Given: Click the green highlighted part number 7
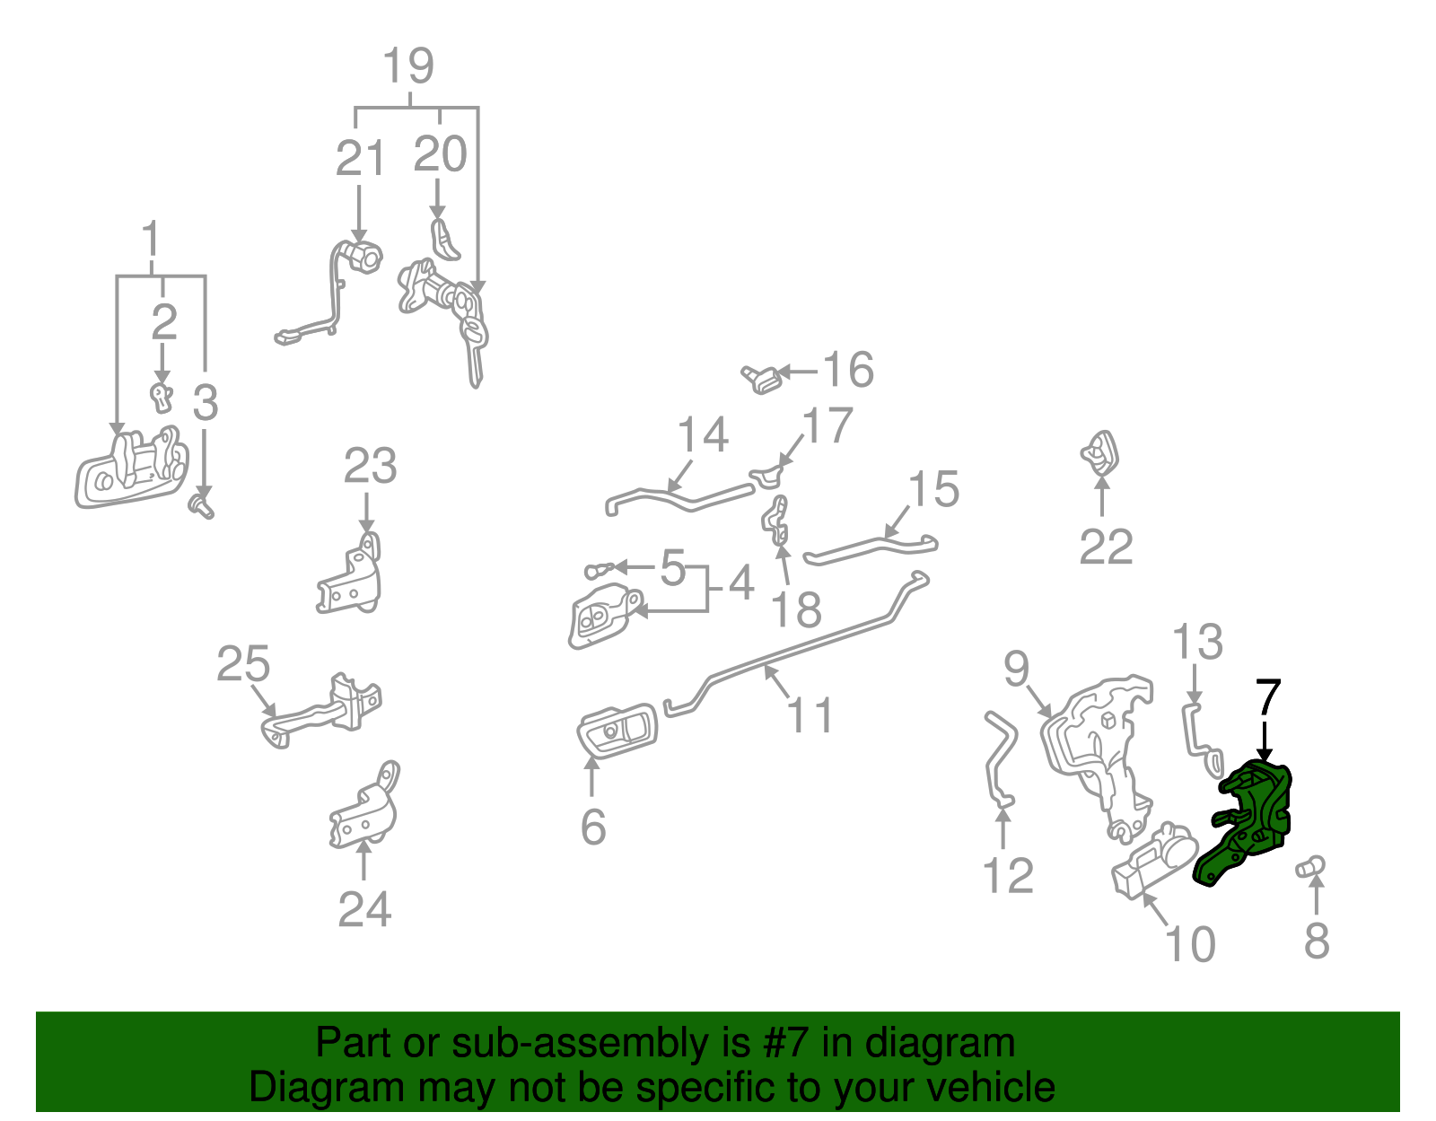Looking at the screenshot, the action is pyautogui.click(x=1242, y=822).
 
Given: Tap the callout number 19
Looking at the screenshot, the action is pyautogui.click(x=409, y=66).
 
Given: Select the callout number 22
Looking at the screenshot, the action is pyautogui.click(x=1106, y=547).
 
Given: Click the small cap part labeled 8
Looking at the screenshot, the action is pyautogui.click(x=1309, y=867).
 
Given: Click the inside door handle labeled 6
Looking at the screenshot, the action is pyautogui.click(x=617, y=730).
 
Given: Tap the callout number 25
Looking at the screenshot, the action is pyautogui.click(x=243, y=663).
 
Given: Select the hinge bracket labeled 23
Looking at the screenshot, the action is pyautogui.click(x=350, y=574).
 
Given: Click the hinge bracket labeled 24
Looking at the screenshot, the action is pyautogui.click(x=363, y=807).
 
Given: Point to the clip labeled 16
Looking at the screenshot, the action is pyautogui.click(x=761, y=379).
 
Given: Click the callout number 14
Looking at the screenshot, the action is pyautogui.click(x=703, y=434).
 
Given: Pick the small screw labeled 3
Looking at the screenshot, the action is pyautogui.click(x=202, y=507).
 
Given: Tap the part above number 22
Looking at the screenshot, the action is pyautogui.click(x=1099, y=453).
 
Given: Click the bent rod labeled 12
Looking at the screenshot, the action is pyautogui.click(x=999, y=759).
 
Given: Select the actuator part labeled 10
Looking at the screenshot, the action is pyautogui.click(x=1154, y=861).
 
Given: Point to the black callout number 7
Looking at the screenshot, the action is pyautogui.click(x=1267, y=696).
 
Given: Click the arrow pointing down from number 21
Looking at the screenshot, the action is pyautogui.click(x=359, y=215).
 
